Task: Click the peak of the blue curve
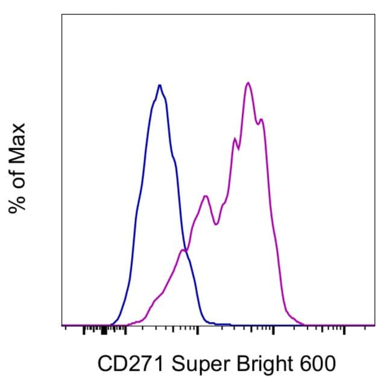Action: coord(159,85)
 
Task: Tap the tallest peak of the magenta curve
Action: coord(248,82)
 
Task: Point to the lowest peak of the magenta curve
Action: coord(206,196)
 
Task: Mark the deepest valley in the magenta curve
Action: coord(216,224)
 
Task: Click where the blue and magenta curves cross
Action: coord(184,250)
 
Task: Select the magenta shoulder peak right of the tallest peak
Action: coord(262,119)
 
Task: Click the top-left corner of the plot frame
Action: coord(62,14)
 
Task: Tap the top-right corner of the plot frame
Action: coord(375,14)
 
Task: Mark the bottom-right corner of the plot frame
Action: coord(375,326)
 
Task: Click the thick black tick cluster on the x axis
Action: coord(104,330)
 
